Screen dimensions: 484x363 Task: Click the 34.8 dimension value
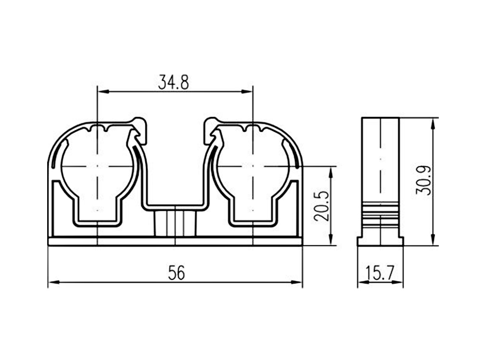tap(173, 82)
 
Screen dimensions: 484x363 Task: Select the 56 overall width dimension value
tap(176, 273)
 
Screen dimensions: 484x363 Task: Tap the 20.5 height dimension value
tap(321, 206)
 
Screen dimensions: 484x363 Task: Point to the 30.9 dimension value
tap(423, 181)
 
